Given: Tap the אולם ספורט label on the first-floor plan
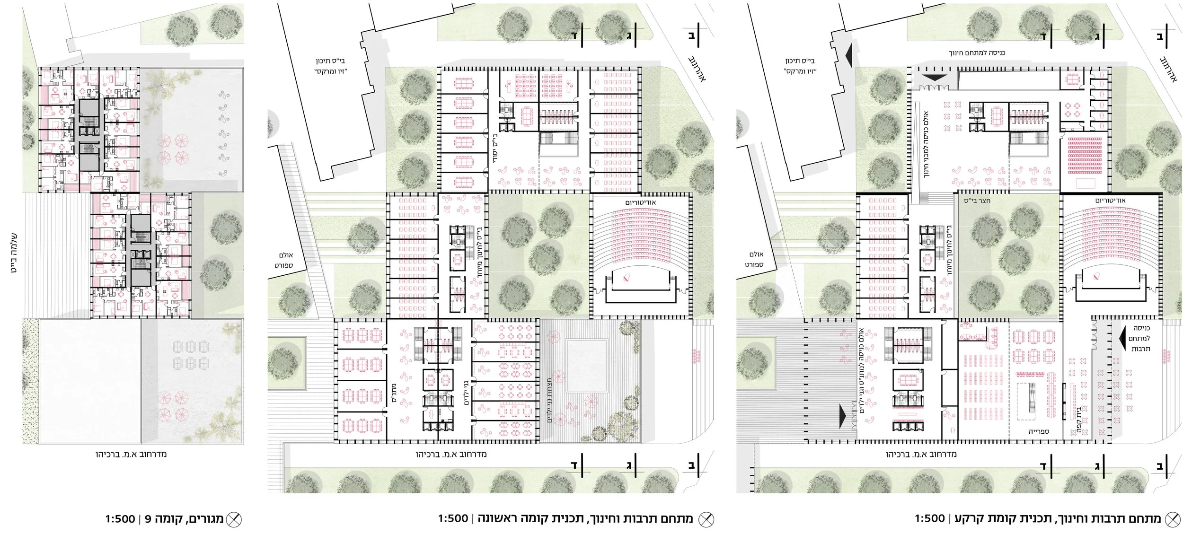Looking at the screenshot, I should click(283, 260).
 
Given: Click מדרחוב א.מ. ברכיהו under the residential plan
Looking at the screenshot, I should click(131, 454).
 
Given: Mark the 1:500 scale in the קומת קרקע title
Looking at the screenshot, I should click(929, 518).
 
